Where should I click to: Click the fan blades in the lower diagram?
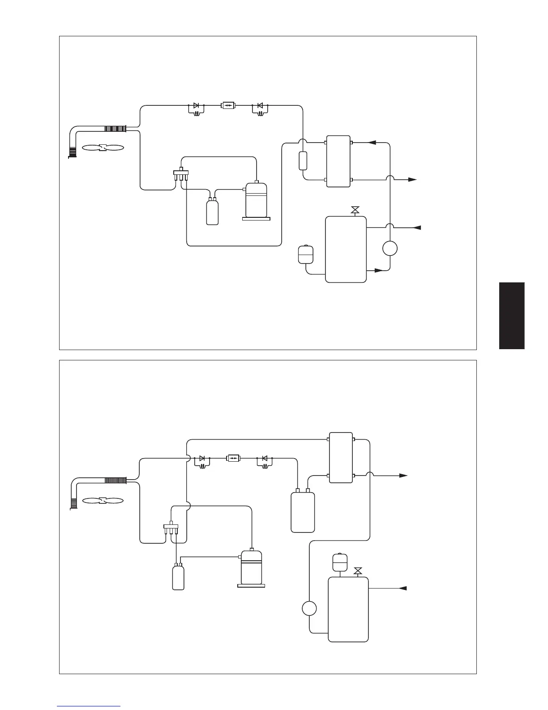[x=103, y=500]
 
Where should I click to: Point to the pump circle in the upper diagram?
[x=390, y=248]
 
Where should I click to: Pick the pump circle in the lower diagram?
[x=309, y=609]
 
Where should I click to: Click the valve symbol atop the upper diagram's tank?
[x=355, y=210]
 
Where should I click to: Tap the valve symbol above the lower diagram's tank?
[x=358, y=571]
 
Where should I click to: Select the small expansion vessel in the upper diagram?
[x=305, y=254]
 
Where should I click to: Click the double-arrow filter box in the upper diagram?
[x=228, y=106]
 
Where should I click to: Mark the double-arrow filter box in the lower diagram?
[x=233, y=458]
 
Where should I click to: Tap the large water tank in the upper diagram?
[x=346, y=249]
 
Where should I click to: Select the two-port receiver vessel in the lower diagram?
[x=303, y=511]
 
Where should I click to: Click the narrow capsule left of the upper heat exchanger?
[x=303, y=161]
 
